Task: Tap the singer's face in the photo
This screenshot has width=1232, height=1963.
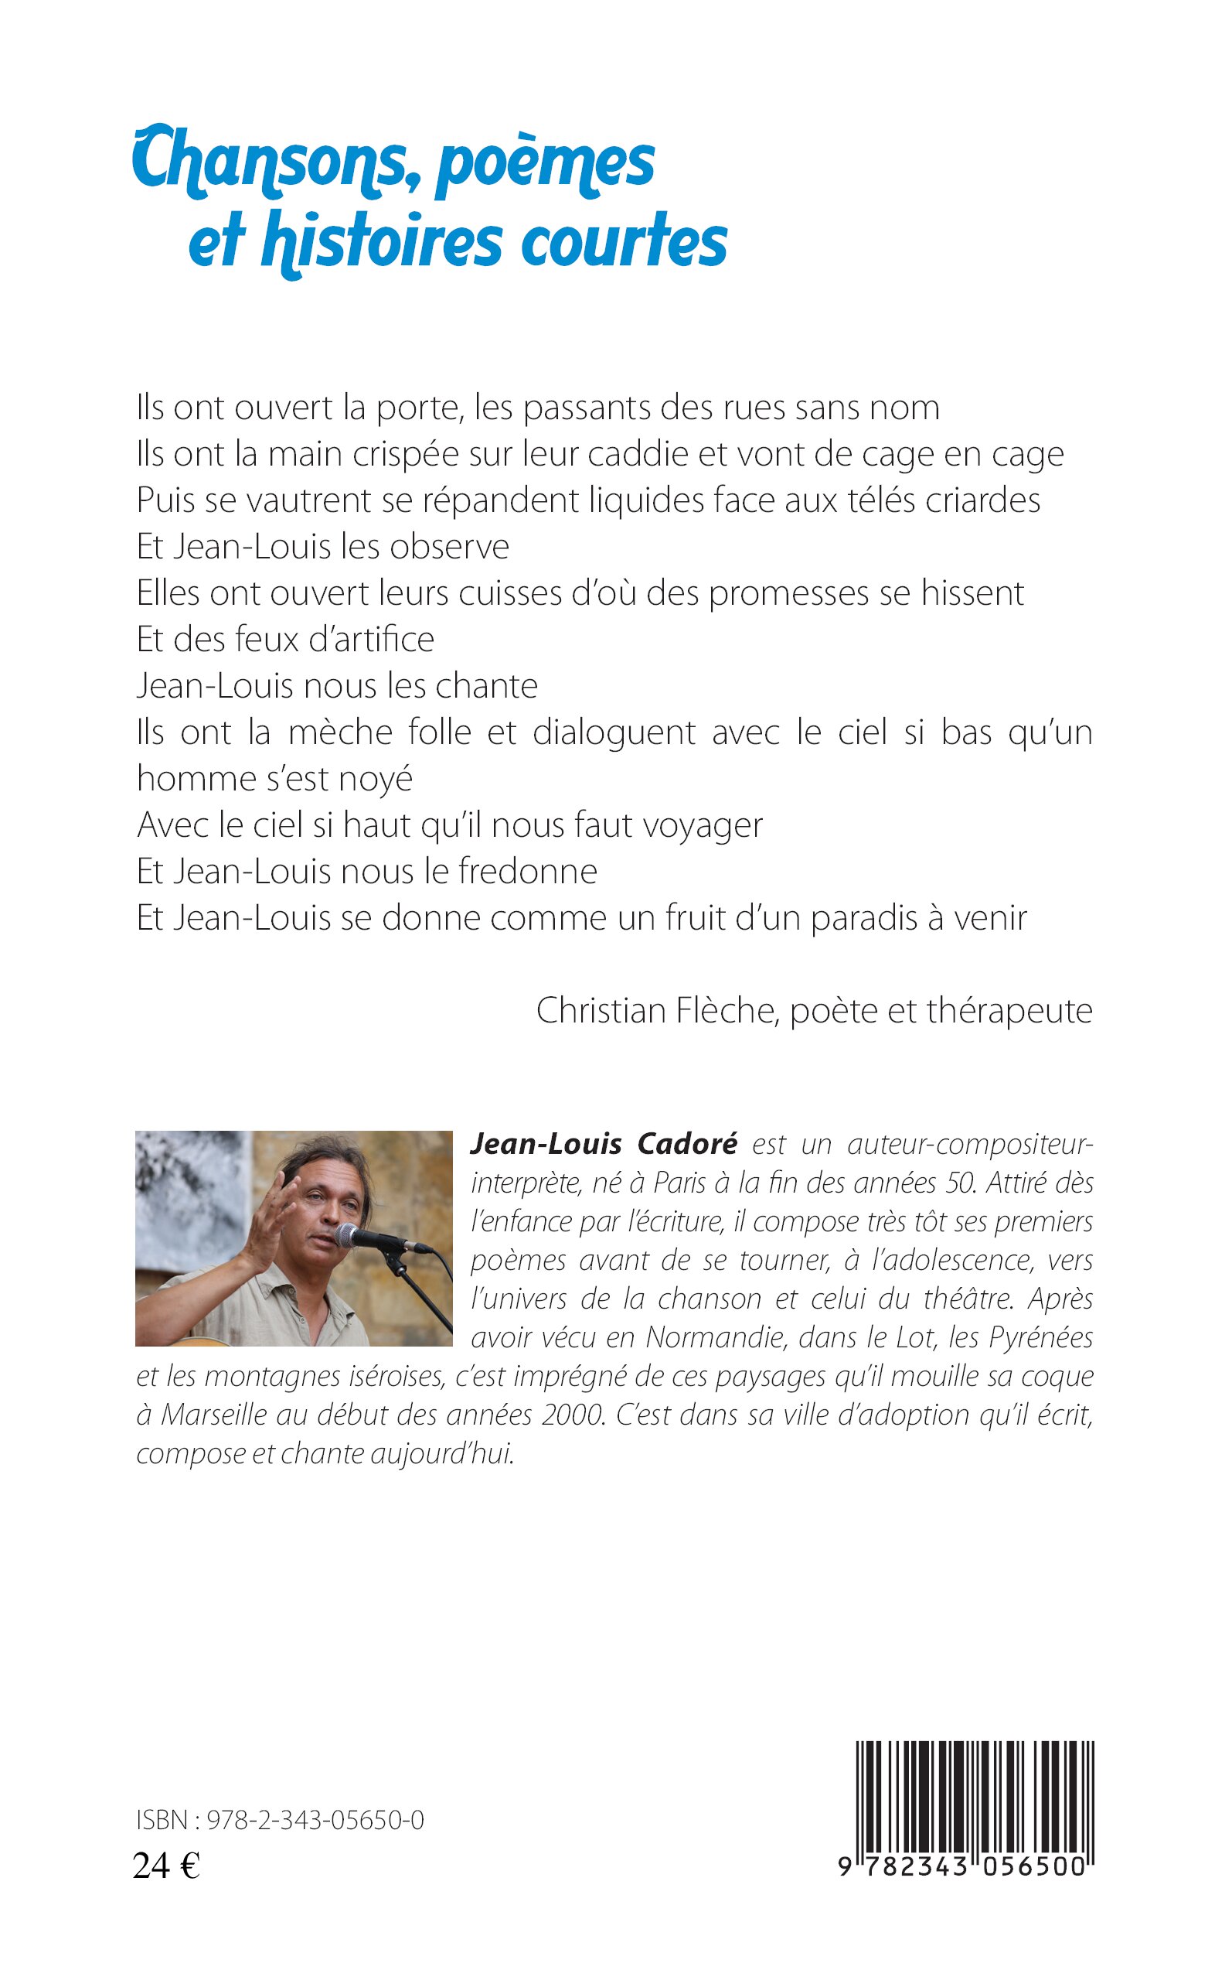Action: point(330,1201)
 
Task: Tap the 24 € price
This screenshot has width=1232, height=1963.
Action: point(166,1866)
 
